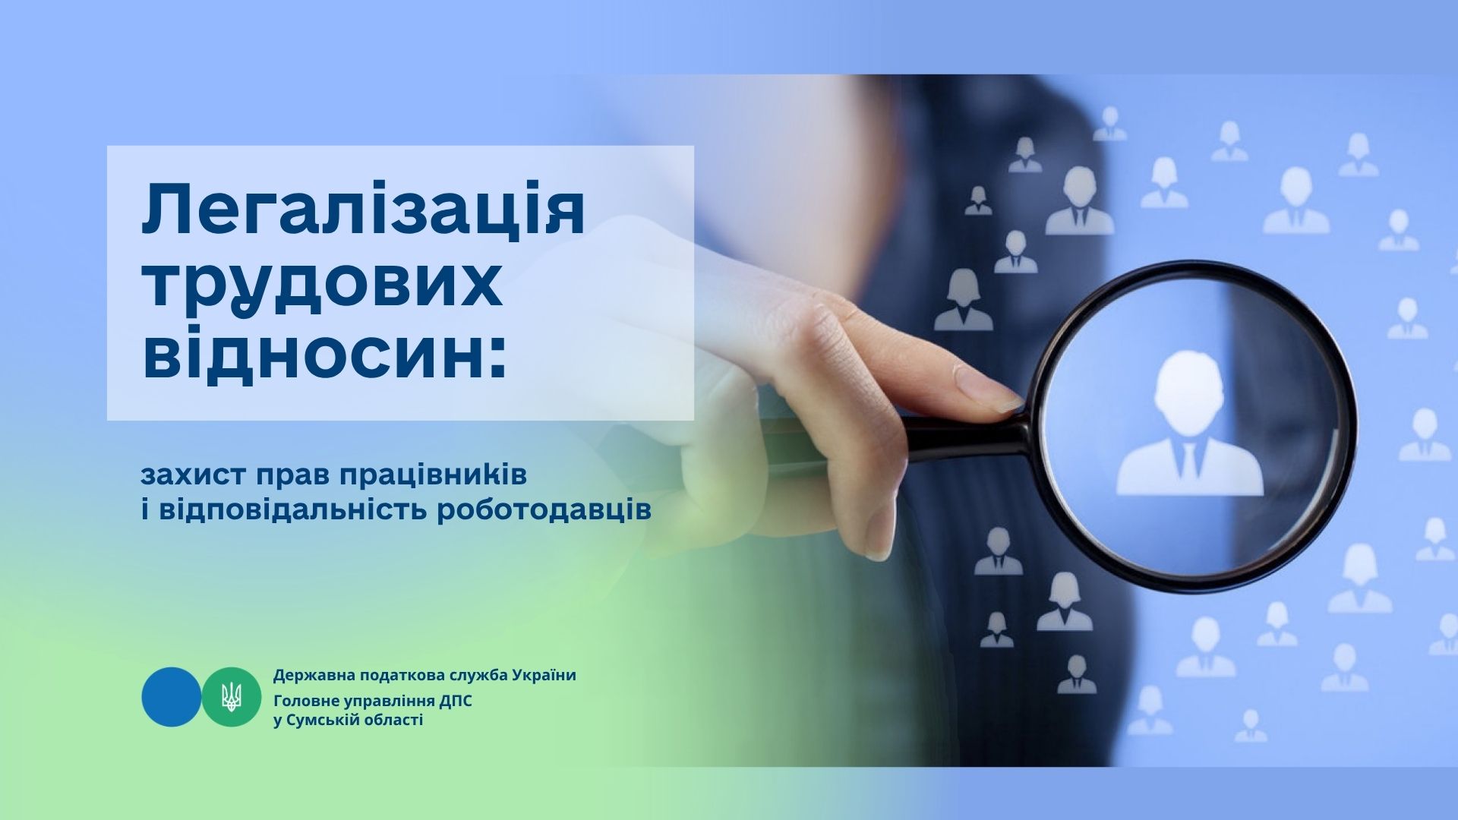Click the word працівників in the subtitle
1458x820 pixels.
tap(433, 477)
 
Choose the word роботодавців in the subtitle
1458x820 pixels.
tap(544, 510)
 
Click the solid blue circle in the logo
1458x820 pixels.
tap(172, 697)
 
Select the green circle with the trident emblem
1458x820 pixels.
tap(232, 697)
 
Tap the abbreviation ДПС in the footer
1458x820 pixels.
tap(456, 700)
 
